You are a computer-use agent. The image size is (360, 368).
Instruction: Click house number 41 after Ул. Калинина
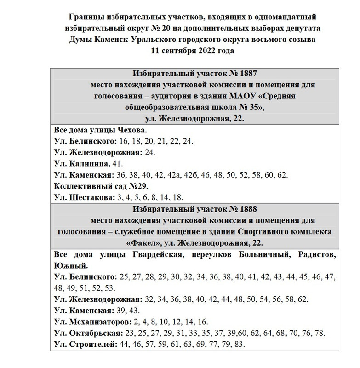coord(117,164)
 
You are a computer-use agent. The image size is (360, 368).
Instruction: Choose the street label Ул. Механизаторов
coord(92,322)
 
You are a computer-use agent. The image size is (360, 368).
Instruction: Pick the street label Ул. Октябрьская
coord(88,333)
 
